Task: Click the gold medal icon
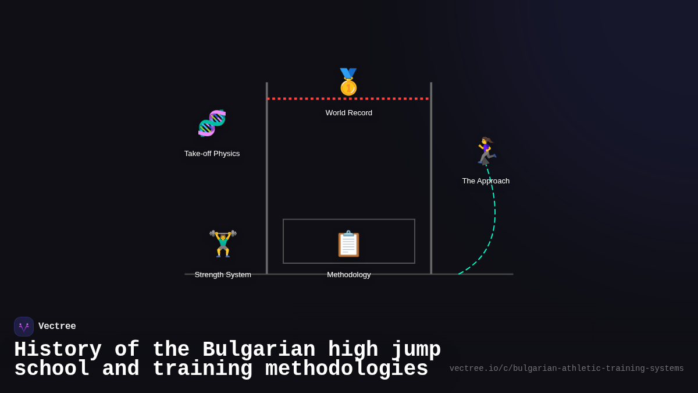pos(348,82)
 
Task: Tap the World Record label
pos(349,113)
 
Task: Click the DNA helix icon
pos(212,123)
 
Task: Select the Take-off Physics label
pos(212,154)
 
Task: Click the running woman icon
pos(485,151)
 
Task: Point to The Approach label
pos(486,181)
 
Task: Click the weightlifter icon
pos(223,243)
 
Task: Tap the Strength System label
pos(223,275)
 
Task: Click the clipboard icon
pos(348,243)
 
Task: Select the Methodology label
pos(349,275)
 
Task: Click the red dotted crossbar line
pos(302,99)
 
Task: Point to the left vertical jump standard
pos(267,186)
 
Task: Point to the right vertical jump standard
pos(431,186)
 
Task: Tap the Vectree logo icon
pos(24,327)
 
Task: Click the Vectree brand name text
pos(57,327)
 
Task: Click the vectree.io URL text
pos(567,369)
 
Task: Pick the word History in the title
pos(58,350)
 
